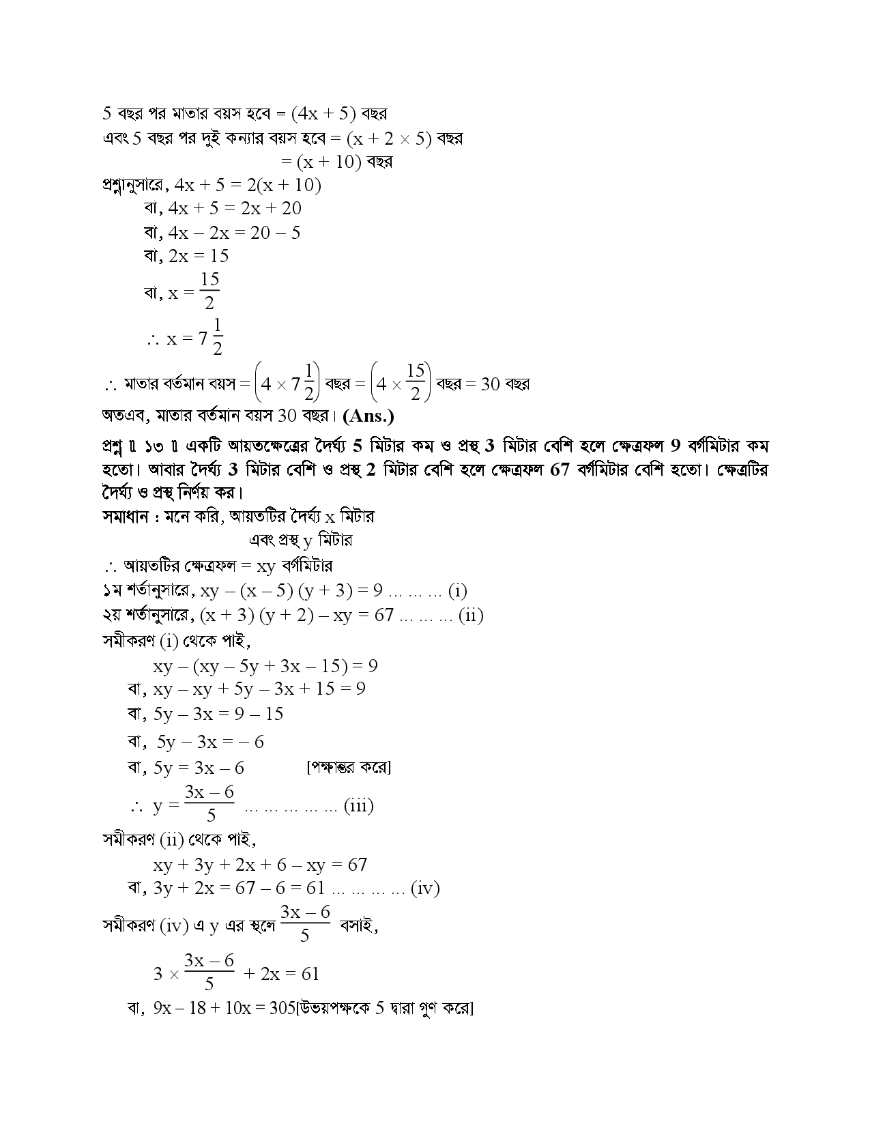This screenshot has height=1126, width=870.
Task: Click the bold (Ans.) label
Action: tap(368, 416)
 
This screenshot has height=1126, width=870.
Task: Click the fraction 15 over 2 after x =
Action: tap(209, 291)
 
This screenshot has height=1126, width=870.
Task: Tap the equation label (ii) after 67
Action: tap(470, 616)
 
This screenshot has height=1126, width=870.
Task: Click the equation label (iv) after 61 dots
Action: tap(425, 889)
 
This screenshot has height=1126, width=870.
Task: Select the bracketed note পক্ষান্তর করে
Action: tap(349, 768)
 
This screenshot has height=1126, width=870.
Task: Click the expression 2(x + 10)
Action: tap(288, 185)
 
